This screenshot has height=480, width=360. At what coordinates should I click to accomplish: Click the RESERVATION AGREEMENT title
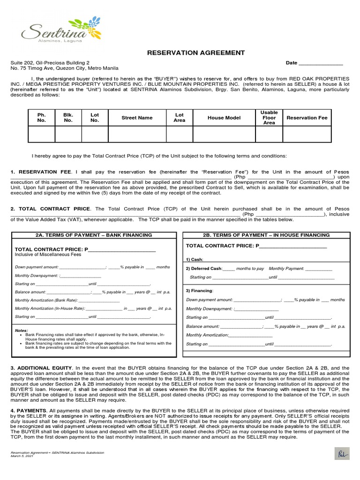coord(189,52)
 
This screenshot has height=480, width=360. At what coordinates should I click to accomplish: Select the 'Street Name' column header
coord(137,118)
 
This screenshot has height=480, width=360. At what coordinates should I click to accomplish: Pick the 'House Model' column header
coord(224,118)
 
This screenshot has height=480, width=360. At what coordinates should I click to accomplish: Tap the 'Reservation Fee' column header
coord(307,118)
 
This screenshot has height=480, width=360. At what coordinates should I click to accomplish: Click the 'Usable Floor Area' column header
coord(269,118)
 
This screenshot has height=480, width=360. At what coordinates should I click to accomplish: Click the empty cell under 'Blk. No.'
coord(68,134)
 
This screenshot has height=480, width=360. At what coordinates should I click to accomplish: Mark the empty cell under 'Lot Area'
coord(179,134)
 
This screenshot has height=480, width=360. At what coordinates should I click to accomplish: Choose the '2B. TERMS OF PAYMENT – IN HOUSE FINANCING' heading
coord(266,235)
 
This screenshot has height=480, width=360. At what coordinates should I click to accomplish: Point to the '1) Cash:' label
coord(195,259)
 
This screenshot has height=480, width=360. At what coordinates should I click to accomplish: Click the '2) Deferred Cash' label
coord(203,269)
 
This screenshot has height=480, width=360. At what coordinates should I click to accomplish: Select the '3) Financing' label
coord(200,291)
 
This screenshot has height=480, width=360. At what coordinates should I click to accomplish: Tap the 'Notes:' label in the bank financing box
coord(22,330)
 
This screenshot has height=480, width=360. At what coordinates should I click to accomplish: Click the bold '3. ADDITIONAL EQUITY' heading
coord(41,367)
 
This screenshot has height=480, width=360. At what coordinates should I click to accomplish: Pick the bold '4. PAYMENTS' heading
coord(28,411)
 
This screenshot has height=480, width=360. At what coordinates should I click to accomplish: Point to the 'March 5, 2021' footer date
coord(22,457)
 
